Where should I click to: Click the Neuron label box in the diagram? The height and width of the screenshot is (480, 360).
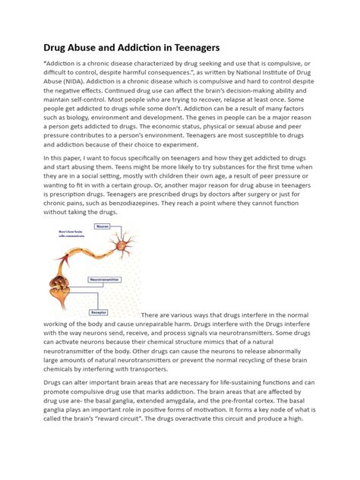click(102, 226)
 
